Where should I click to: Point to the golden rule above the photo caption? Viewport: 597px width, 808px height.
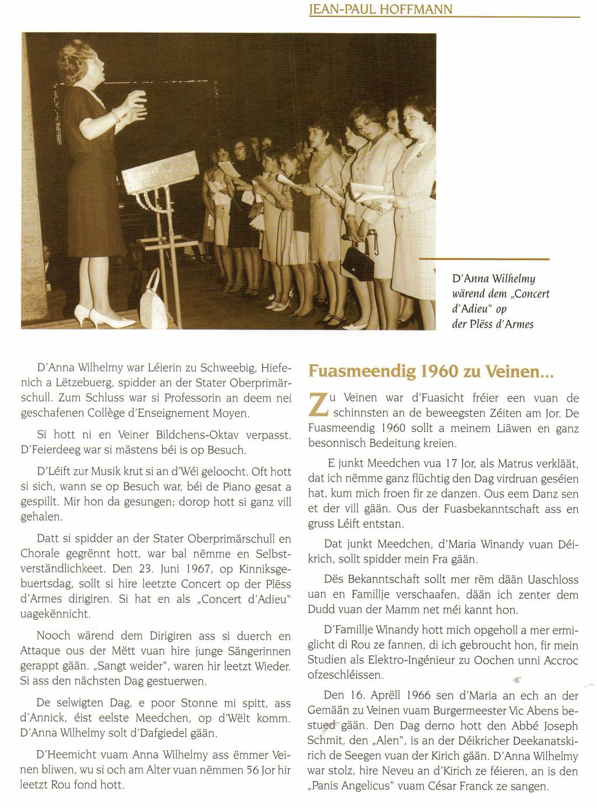(x=484, y=258)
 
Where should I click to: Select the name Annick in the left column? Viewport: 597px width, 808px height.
(x=45, y=718)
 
